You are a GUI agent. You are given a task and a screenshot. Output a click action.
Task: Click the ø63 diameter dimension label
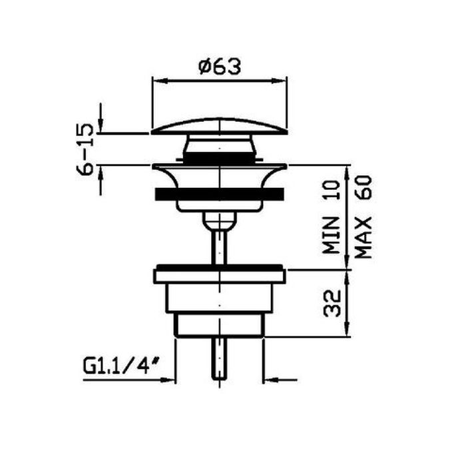tap(220, 67)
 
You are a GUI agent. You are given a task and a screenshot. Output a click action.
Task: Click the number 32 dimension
tap(332, 303)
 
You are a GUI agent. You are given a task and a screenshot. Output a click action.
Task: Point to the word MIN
tap(332, 235)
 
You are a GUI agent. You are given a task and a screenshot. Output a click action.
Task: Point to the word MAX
tap(363, 237)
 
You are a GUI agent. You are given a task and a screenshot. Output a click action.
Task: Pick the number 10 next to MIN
tap(332, 190)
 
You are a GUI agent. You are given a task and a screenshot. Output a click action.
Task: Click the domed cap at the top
tap(220, 127)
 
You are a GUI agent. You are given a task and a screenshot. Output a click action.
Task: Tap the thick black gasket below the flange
tap(220, 194)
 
